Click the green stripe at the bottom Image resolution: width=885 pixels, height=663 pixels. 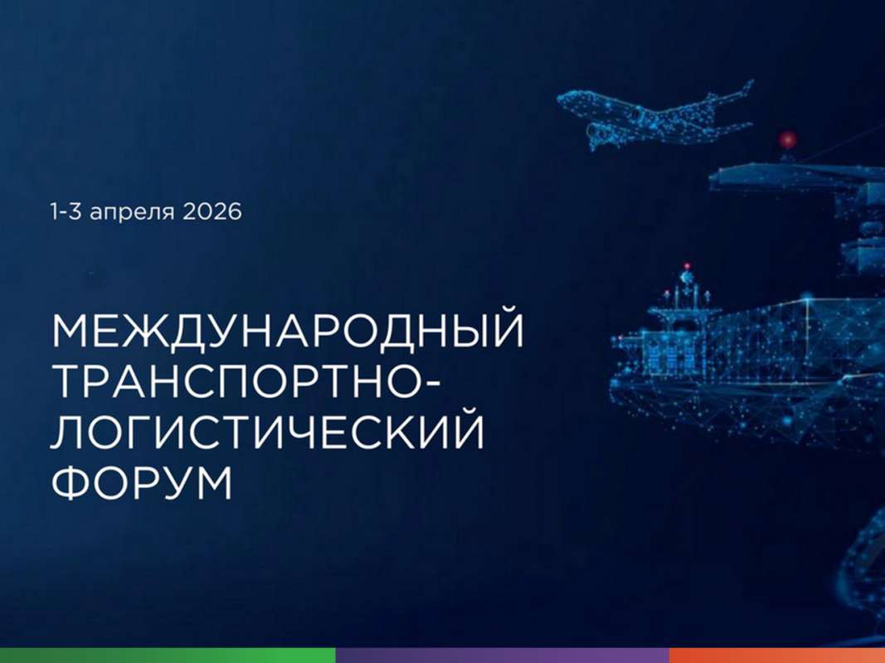click(166, 656)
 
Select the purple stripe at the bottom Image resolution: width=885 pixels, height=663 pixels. click(502, 656)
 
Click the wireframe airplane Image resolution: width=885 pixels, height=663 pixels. click(655, 114)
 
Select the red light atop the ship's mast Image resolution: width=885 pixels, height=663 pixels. click(687, 267)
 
